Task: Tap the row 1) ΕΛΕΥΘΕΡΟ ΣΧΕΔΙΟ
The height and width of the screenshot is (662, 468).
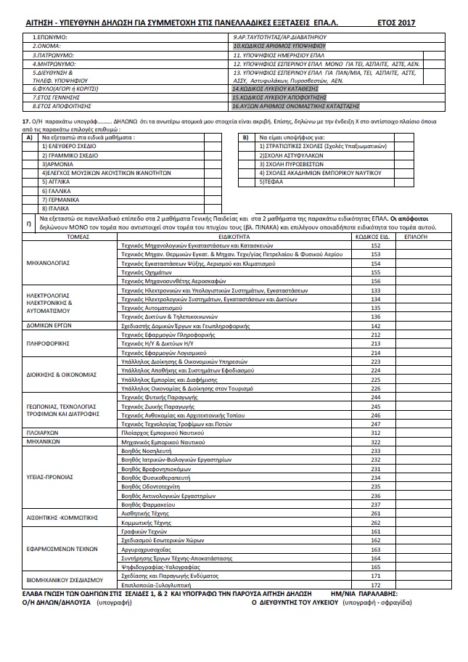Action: (x=69, y=146)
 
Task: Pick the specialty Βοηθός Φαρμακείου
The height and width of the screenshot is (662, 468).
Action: (x=147, y=504)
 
